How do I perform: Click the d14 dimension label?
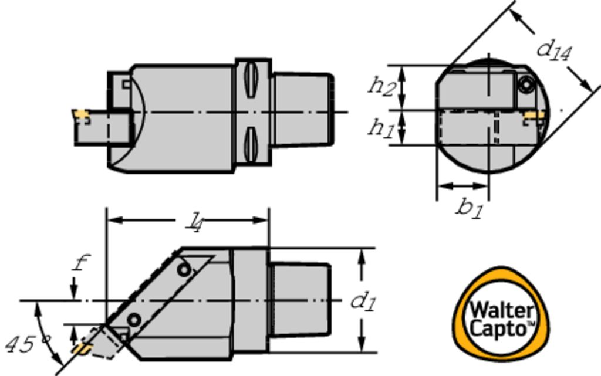(553, 51)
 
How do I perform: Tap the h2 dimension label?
(381, 86)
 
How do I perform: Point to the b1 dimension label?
(470, 208)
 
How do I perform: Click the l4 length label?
(194, 221)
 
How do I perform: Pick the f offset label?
(80, 263)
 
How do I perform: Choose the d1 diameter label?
(363, 301)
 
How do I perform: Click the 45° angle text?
(26, 343)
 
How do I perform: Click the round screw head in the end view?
(526, 85)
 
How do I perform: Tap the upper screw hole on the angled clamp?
(184, 270)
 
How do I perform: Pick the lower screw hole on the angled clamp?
(134, 320)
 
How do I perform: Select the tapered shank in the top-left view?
(302, 110)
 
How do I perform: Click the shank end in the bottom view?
(299, 299)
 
